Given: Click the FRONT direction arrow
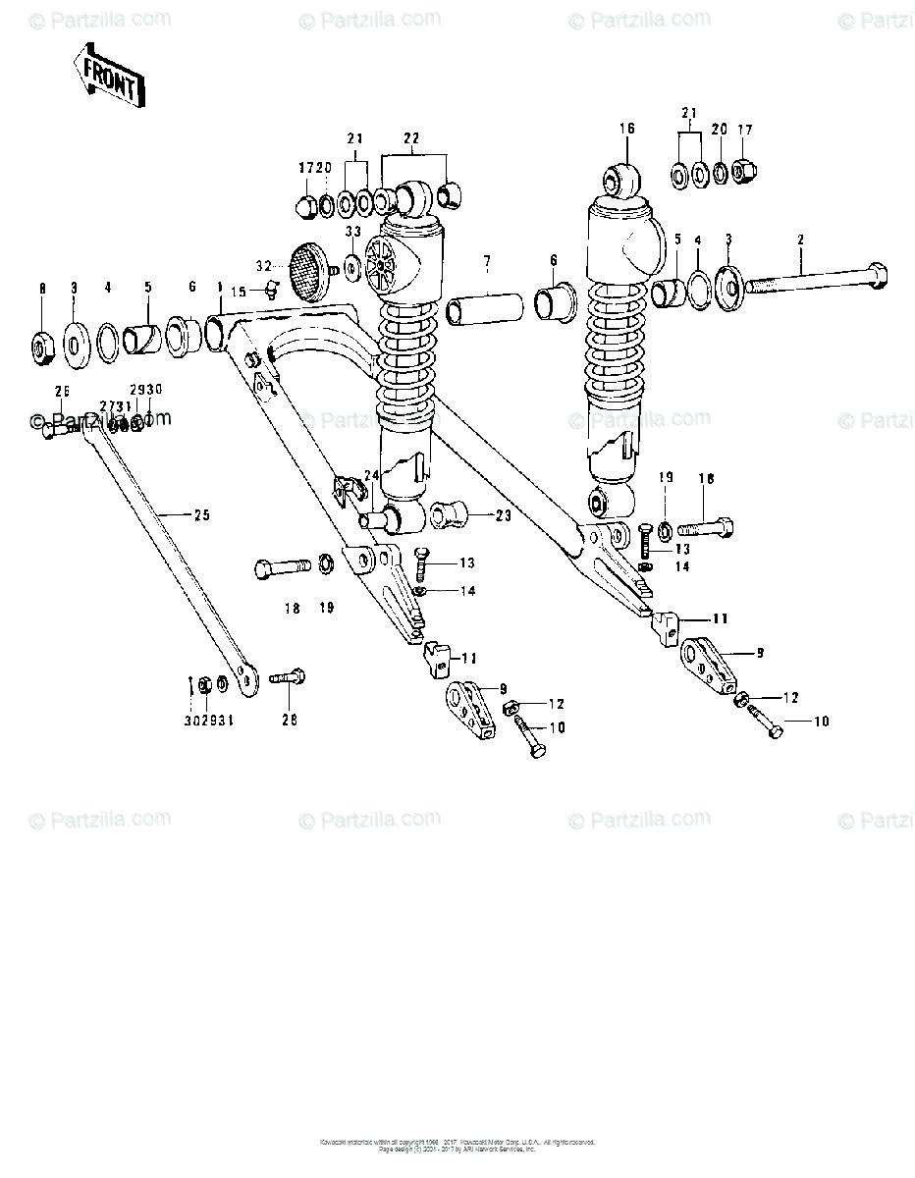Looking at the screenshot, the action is (x=107, y=76).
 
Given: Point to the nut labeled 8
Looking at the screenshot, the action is (x=42, y=346).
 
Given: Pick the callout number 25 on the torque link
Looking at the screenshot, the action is (x=201, y=514).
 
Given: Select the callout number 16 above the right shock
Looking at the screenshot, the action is (x=627, y=128).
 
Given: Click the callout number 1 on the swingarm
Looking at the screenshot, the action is (x=220, y=286).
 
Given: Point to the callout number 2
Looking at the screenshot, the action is (x=800, y=240).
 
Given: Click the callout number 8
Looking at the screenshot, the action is (x=42, y=288).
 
